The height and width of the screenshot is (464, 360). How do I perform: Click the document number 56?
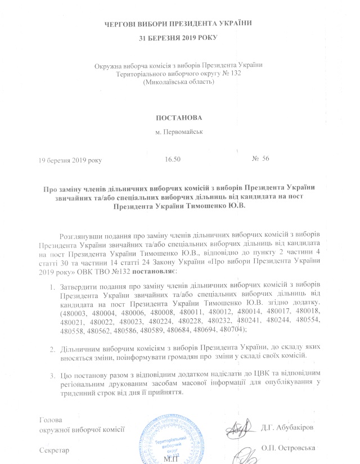(266, 159)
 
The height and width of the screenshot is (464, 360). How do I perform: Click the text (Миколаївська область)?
(178, 82)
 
